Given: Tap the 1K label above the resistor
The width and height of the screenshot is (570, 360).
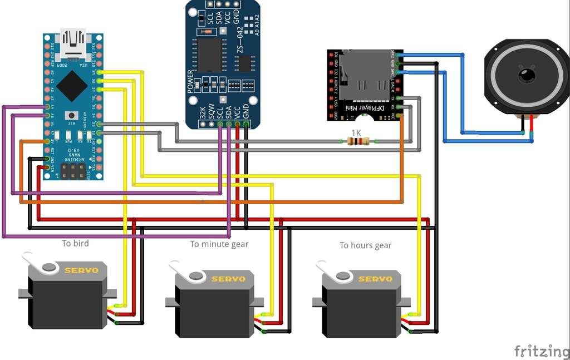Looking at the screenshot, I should click(357, 132).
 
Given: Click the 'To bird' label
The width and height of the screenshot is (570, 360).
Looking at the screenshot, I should click(75, 243).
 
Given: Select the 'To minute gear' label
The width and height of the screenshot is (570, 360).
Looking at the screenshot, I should click(219, 244).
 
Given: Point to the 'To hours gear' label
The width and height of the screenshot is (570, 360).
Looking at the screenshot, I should click(366, 245).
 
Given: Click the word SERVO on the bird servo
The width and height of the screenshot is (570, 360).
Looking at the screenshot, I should click(81, 270).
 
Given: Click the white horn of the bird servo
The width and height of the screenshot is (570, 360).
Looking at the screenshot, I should click(42, 265).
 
